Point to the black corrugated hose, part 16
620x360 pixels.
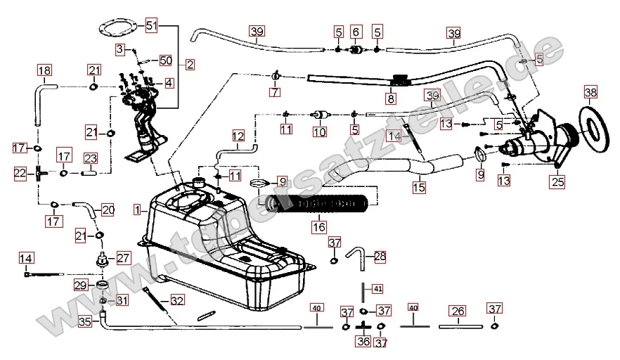point(328,203)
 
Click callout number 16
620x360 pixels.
point(320,227)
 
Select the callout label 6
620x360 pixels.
point(356,32)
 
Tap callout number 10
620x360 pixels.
point(319,131)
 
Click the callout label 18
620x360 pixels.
point(44,70)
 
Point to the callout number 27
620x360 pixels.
point(123,257)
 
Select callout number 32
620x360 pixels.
point(176,300)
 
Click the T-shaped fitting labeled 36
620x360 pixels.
point(363,326)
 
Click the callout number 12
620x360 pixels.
point(238,134)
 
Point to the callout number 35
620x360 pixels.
point(84,322)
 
